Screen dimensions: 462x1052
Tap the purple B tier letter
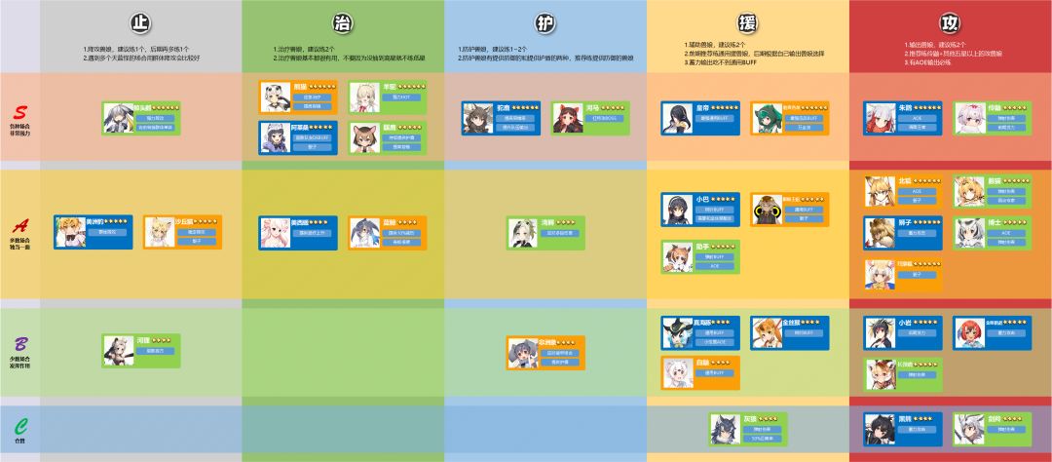click(x=19, y=346)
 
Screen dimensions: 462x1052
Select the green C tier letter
click(x=19, y=426)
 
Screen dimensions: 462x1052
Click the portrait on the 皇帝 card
click(x=677, y=117)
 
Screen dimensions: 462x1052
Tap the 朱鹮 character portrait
click(x=879, y=117)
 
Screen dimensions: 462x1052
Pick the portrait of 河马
click(x=567, y=117)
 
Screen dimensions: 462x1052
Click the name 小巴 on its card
click(x=702, y=199)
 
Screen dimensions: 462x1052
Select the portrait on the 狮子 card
click(x=879, y=232)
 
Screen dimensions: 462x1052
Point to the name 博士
click(x=995, y=222)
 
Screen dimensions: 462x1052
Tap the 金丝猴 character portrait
click(x=767, y=332)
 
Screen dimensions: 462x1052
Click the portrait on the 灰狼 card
click(x=726, y=426)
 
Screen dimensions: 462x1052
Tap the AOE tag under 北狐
click(x=916, y=190)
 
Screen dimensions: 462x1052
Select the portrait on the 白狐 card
click(x=677, y=372)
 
